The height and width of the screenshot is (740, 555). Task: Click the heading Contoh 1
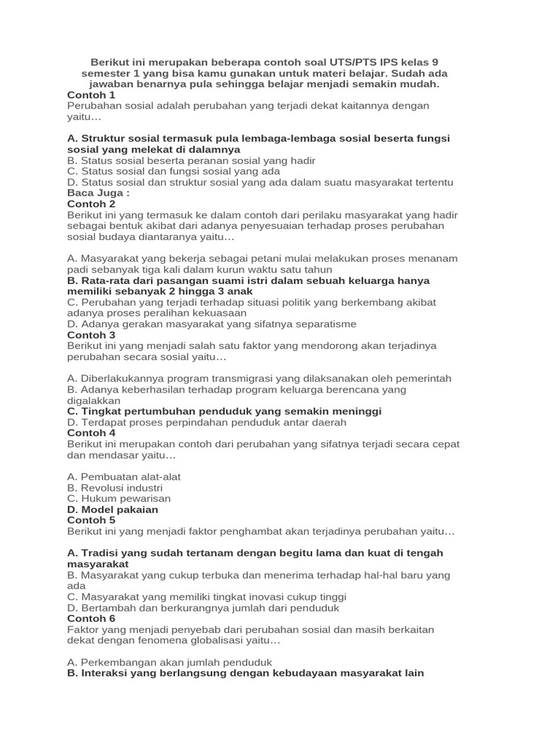pos(91,95)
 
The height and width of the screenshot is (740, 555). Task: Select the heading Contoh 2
pos(91,204)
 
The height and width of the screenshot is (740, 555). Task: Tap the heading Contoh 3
pos(91,335)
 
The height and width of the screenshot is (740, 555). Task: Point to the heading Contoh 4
pos(91,433)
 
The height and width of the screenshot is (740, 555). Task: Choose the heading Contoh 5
pos(91,520)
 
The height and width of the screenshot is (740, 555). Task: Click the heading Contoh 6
pos(91,619)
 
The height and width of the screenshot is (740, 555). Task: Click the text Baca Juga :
pos(98,193)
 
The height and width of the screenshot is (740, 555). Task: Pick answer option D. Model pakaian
pos(112,509)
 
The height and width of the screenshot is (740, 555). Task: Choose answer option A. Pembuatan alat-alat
pos(124,477)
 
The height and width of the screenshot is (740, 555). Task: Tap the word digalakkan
pos(93,400)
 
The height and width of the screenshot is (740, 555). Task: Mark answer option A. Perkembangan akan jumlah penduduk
pos(169,662)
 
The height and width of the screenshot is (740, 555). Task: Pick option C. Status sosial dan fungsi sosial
pos(173,171)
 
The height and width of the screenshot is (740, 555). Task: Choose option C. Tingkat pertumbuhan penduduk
pos(224,411)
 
